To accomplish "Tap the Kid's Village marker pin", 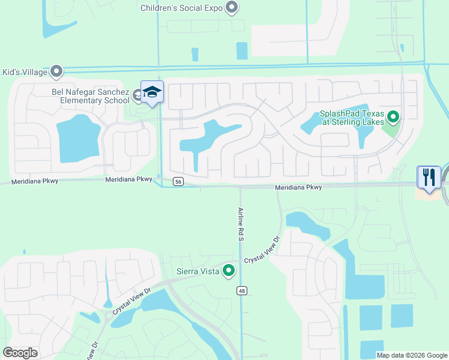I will point(57,72).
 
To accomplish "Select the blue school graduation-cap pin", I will point(152,92).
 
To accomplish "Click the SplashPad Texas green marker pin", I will point(393,116).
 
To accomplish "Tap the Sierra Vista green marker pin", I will point(229,271).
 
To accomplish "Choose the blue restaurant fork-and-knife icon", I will point(429,177).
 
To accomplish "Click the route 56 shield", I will point(178,181).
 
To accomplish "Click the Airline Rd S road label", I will point(240,224).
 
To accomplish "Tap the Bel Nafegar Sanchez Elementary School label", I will point(90,96).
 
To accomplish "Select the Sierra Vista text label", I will point(197,271).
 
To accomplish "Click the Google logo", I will point(20,353).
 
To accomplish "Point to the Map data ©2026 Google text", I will point(412,355).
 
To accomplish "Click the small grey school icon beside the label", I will point(137,94).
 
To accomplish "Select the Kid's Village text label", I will point(25,72).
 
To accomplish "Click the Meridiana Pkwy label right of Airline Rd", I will point(298,187).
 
